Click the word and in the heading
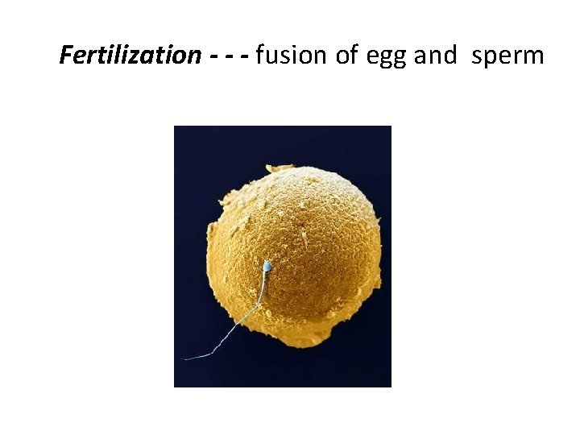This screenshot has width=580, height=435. [434, 56]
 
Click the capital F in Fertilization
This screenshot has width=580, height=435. [66, 56]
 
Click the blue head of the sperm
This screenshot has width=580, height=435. [267, 265]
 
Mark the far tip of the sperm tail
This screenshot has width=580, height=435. [186, 358]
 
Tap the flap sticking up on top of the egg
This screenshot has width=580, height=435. [280, 168]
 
